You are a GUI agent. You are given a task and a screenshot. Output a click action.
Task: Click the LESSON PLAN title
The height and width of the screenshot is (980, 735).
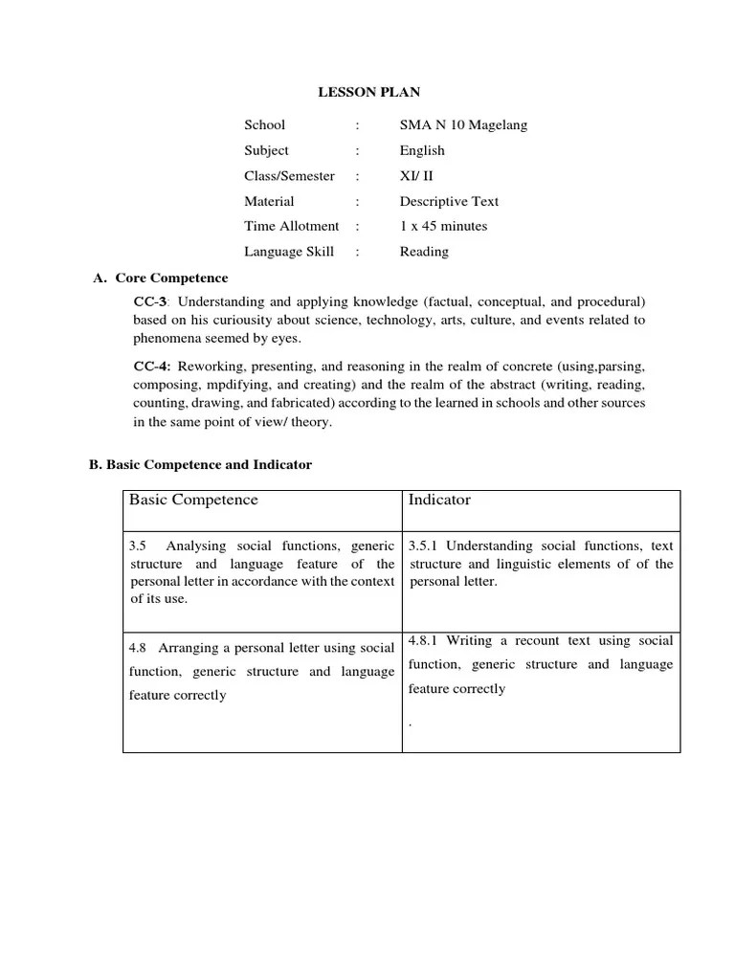(368, 93)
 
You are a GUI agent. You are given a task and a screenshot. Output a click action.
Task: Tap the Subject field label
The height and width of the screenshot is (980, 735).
(266, 150)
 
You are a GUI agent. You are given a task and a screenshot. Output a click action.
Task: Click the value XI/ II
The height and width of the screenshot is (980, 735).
(416, 176)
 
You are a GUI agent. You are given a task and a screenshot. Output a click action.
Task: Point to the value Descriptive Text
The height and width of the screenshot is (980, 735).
(449, 202)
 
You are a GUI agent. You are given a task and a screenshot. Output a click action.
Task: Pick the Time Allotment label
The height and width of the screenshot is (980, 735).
(291, 227)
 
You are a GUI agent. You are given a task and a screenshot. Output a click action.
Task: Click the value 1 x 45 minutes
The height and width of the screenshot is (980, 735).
(443, 227)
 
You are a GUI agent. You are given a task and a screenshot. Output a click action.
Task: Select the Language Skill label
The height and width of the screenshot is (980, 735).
(289, 252)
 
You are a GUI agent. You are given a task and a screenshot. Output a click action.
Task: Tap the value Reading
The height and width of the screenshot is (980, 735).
(424, 252)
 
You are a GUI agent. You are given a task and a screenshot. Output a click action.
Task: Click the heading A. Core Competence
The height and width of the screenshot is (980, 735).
(160, 278)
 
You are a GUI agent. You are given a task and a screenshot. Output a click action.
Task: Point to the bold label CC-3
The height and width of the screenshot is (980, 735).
(149, 301)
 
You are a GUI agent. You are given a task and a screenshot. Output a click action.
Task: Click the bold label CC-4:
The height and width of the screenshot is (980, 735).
(151, 367)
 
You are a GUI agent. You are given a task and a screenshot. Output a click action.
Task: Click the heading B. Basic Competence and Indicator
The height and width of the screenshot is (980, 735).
(200, 464)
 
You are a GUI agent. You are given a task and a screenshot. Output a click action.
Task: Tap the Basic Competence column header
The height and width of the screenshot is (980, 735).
(193, 501)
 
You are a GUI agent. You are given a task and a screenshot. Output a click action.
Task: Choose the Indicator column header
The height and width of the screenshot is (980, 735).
(439, 501)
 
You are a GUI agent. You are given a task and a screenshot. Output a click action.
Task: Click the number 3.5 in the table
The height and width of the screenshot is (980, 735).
(137, 546)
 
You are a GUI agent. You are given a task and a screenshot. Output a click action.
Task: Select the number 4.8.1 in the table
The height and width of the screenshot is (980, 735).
(423, 640)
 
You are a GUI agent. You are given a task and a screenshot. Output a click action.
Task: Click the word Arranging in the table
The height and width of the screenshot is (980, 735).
(187, 648)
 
